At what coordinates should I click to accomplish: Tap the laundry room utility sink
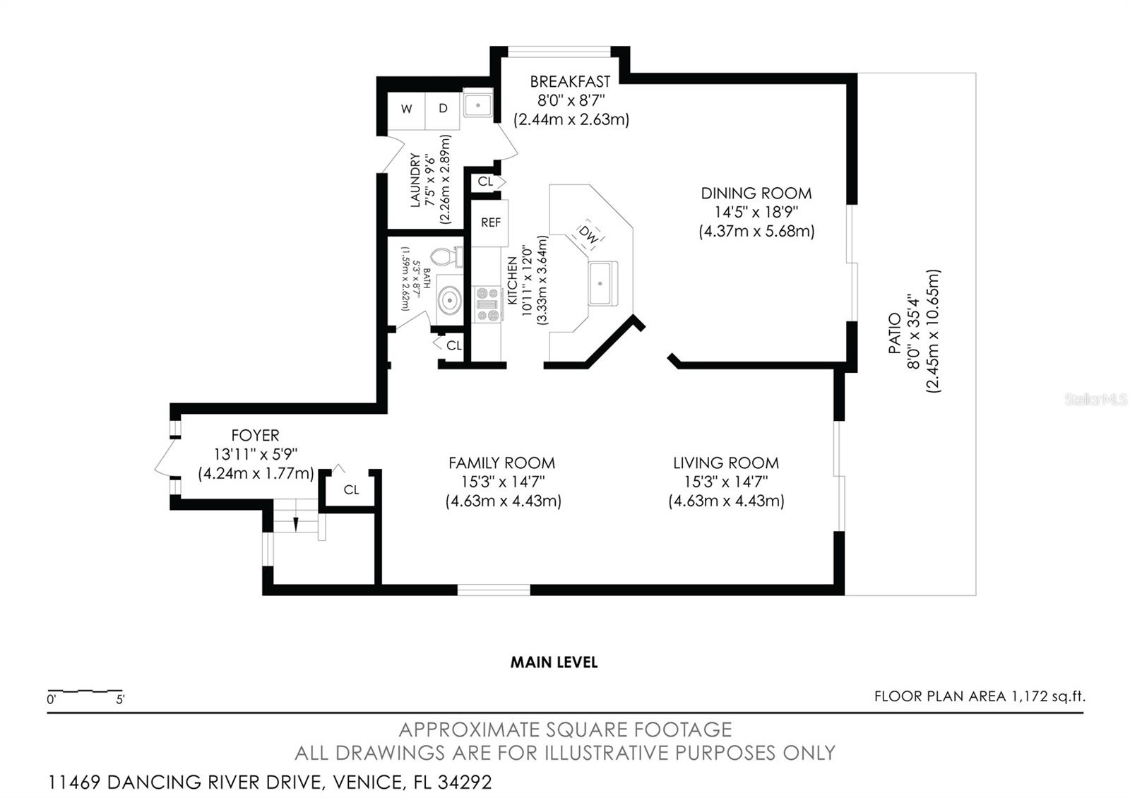478,106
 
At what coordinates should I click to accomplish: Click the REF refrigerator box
490,222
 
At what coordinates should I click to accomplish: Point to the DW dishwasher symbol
588,234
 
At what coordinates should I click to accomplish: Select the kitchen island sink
601,283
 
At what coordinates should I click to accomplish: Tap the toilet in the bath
445,257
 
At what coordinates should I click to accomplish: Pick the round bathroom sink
448,301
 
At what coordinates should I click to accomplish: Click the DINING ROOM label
756,193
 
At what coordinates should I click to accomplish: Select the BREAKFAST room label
570,82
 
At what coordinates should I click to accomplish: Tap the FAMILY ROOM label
501,463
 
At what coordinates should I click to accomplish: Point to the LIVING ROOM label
725,463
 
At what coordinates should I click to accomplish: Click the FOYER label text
255,436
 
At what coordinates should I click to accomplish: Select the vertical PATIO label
894,333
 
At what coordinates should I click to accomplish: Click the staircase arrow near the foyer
296,524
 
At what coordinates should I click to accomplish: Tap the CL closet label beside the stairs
351,489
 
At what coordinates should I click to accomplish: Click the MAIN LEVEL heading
554,662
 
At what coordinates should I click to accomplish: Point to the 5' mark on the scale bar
120,700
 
